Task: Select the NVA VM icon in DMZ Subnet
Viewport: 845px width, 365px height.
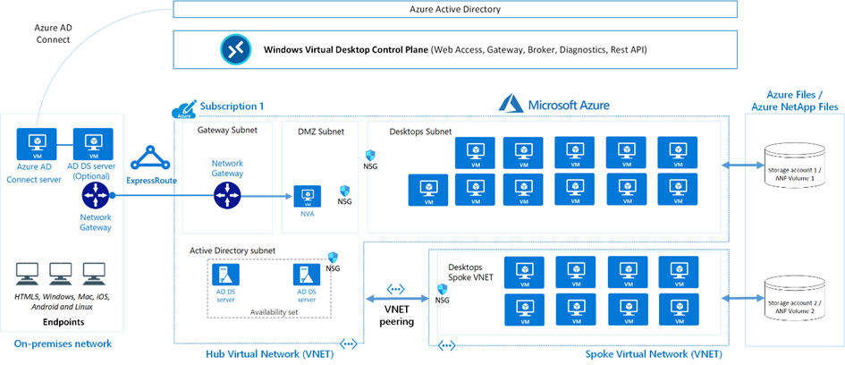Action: coord(308,196)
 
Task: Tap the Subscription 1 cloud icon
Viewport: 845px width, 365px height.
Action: coord(184,108)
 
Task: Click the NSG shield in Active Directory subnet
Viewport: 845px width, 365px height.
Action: coord(334,257)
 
